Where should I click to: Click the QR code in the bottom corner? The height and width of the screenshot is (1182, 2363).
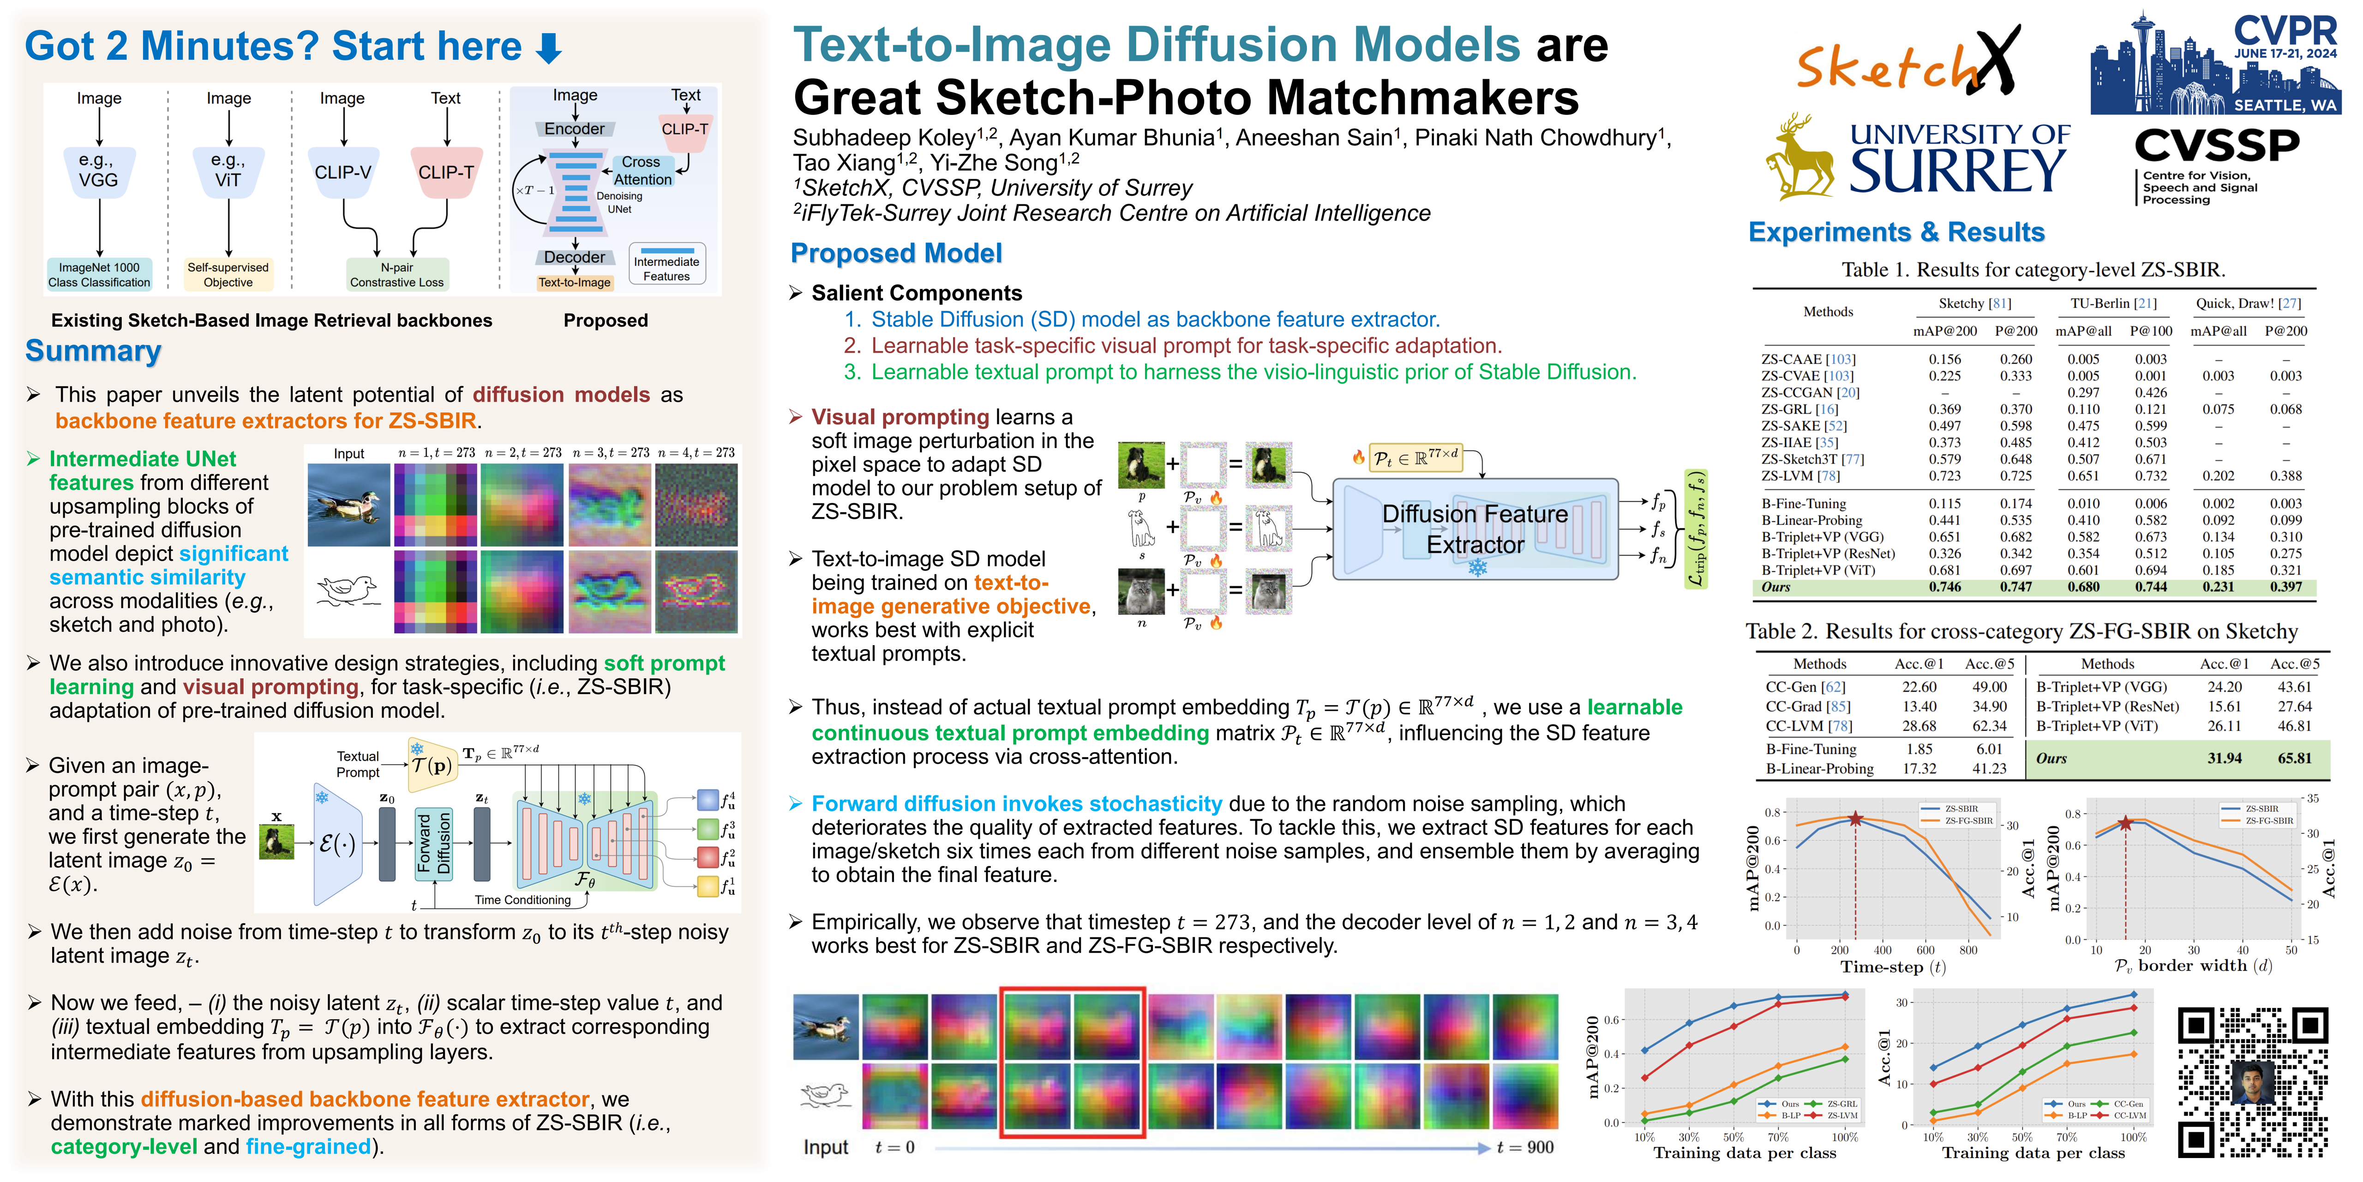[2252, 1083]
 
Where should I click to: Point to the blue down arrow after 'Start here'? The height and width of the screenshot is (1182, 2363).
[549, 48]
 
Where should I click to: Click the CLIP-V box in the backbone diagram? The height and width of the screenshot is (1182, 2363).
[343, 173]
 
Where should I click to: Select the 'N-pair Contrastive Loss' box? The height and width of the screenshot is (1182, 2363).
[397, 274]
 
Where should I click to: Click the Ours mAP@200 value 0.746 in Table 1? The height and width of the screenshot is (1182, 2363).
[1944, 587]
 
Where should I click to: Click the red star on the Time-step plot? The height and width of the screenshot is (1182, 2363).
[1855, 819]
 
